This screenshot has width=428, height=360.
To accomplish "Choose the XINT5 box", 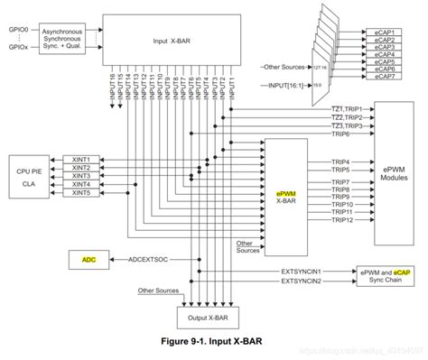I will pyautogui.click(x=82, y=192).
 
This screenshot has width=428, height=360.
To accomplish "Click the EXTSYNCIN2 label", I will pyautogui.click(x=302, y=281).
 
